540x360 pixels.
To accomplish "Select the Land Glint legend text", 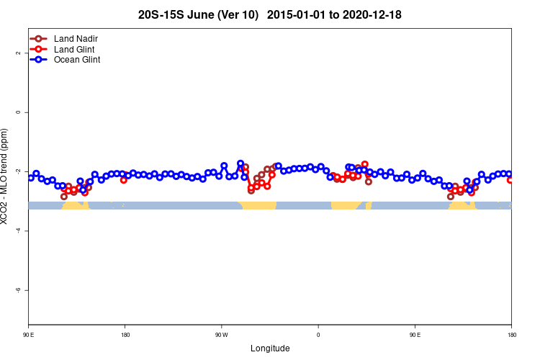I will pos(74,49).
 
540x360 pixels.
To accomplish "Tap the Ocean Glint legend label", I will pos(77,60).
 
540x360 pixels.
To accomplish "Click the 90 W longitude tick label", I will pos(221,335).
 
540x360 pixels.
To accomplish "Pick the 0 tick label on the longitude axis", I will pos(318,335).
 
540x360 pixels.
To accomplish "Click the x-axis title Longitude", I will pos(270,348).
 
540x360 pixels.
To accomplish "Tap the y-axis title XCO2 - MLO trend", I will pos(6,176).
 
